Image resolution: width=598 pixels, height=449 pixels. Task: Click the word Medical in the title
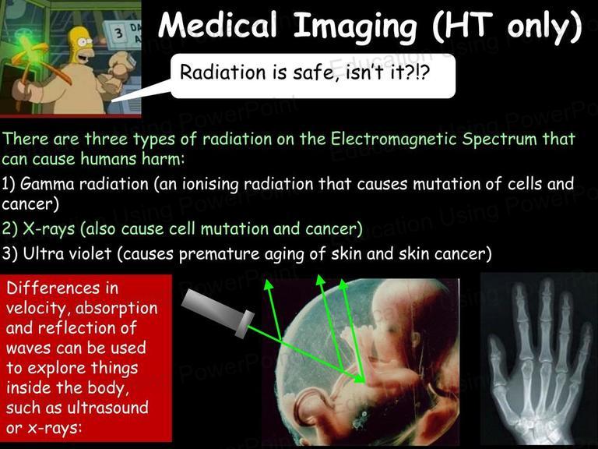click(x=217, y=25)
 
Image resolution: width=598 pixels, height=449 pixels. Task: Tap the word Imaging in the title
click(x=355, y=27)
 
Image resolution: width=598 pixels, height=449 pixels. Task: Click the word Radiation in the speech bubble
click(x=223, y=72)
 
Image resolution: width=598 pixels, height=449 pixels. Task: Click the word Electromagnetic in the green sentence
click(x=393, y=139)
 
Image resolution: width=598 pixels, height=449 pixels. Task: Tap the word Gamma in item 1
click(x=47, y=184)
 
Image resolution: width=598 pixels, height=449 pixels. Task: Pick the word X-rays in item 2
click(x=49, y=229)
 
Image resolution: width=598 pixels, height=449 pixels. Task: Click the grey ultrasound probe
click(x=218, y=313)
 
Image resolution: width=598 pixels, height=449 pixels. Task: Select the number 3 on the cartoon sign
click(x=119, y=33)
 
